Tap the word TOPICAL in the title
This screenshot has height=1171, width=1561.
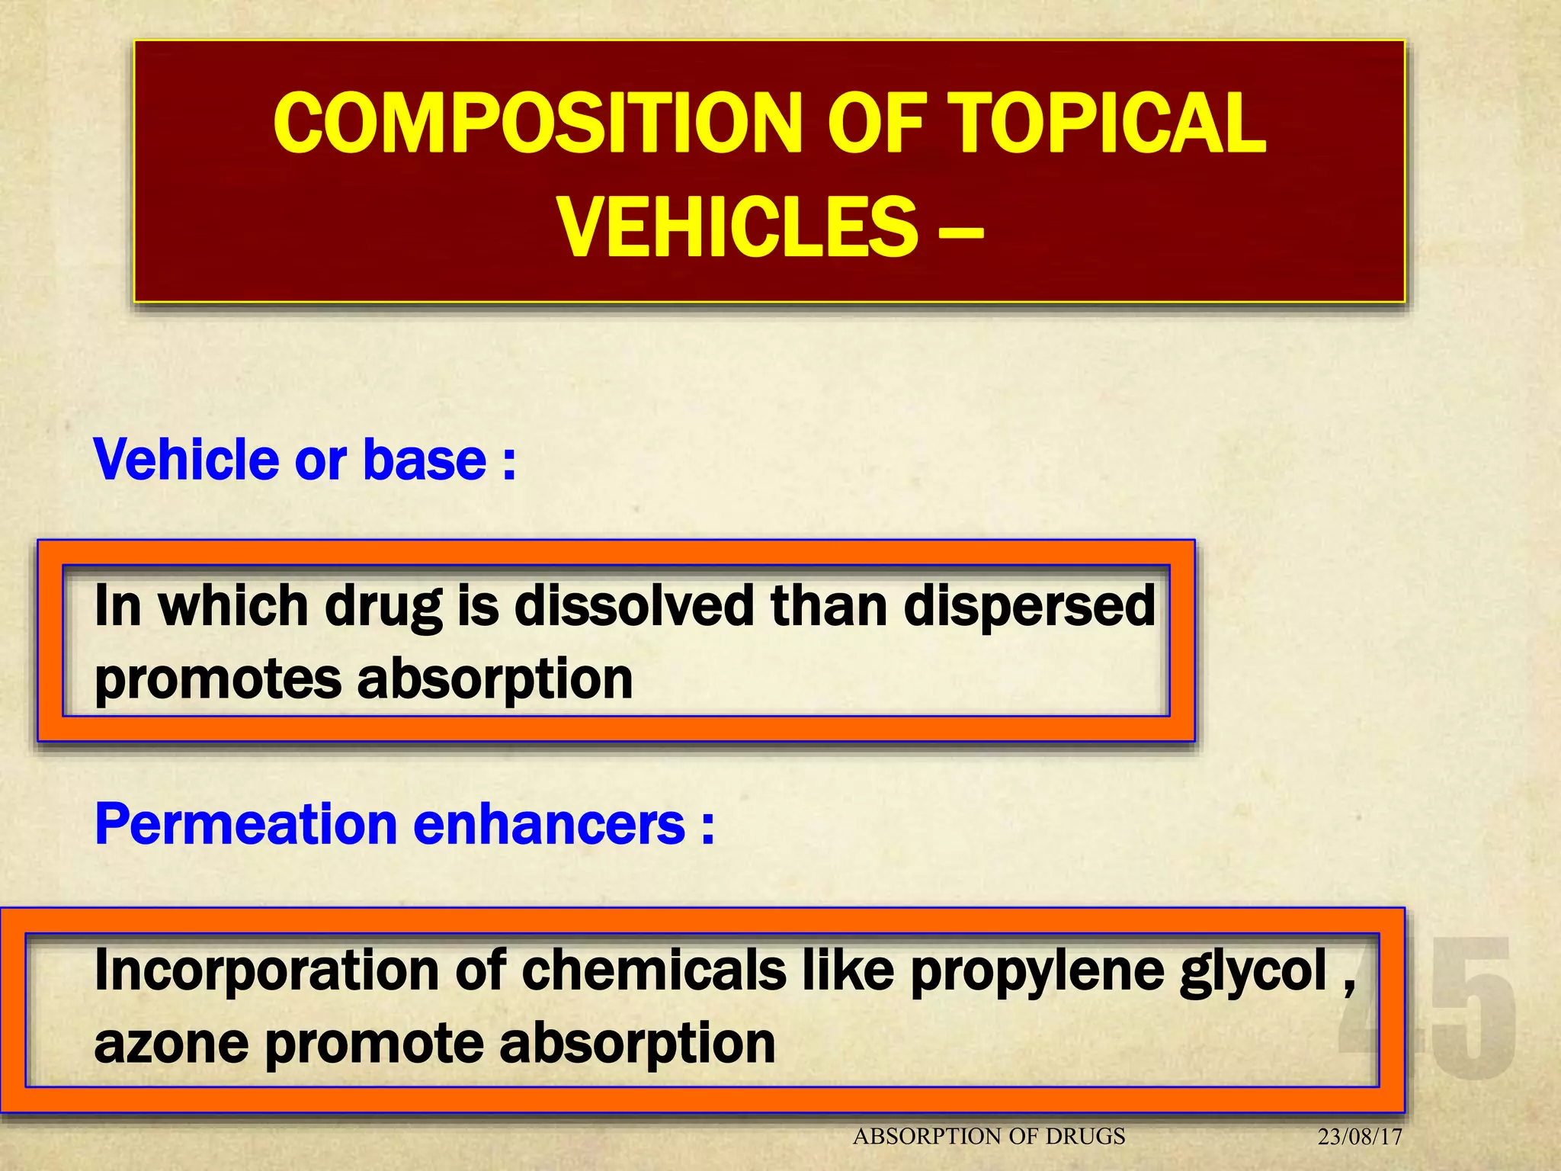pyautogui.click(x=1110, y=124)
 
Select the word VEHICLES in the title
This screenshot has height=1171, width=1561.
pyautogui.click(x=737, y=227)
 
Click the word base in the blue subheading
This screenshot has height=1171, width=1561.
pyautogui.click(x=425, y=460)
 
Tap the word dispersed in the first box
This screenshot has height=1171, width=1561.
pyautogui.click(x=1030, y=605)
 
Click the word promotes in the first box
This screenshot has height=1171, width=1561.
pyautogui.click(x=218, y=679)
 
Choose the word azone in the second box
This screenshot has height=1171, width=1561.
pyautogui.click(x=171, y=1044)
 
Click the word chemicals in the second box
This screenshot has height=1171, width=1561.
pyautogui.click(x=654, y=970)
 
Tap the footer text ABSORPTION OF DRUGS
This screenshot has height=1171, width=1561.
pyautogui.click(x=989, y=1137)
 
